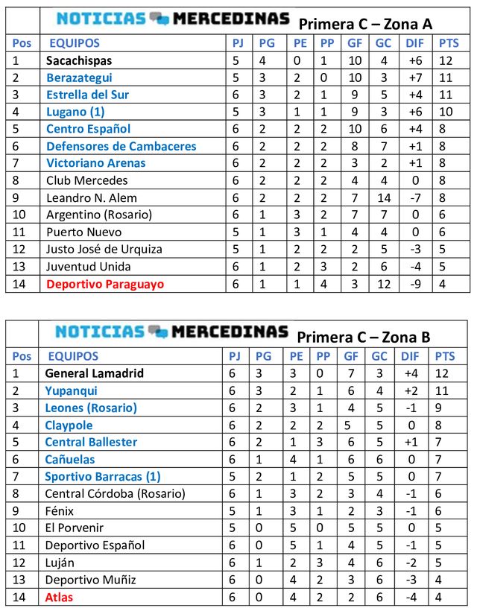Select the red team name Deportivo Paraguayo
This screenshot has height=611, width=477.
(105, 284)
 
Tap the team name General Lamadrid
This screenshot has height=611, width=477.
(95, 373)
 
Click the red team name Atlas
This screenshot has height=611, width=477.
(60, 597)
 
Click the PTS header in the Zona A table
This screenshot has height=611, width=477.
(449, 43)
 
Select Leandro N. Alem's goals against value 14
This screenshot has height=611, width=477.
(382, 198)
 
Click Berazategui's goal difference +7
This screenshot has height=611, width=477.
(415, 77)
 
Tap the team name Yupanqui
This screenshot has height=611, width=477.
(71, 390)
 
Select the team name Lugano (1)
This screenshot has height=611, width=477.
(75, 112)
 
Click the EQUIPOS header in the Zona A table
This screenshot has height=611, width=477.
(74, 43)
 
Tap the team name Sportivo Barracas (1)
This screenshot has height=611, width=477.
(103, 476)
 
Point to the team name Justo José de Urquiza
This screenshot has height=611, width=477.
(104, 250)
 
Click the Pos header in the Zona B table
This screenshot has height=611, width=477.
(22, 356)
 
